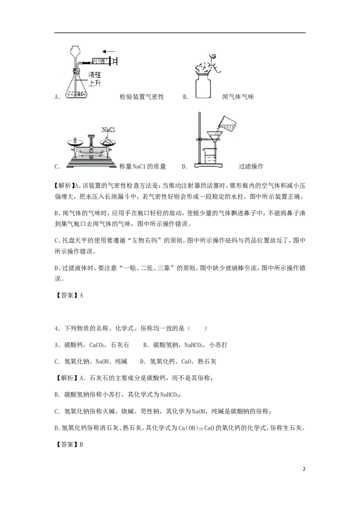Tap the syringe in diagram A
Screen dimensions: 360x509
point(101,60)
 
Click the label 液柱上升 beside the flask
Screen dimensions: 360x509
point(95,79)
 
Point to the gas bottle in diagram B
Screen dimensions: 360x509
point(203,86)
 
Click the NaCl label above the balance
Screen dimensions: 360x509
point(108,130)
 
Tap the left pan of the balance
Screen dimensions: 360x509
point(76,143)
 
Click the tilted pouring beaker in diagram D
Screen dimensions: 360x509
point(226,123)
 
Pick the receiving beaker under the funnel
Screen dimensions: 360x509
point(210,155)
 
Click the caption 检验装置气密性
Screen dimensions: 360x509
point(142,97)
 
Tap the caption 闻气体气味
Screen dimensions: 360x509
point(238,97)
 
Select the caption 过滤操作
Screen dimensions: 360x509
point(251,166)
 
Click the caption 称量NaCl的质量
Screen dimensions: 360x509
point(143,166)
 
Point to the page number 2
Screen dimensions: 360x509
point(304,469)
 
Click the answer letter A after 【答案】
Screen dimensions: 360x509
point(81,295)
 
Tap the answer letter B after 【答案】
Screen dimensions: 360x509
point(81,444)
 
